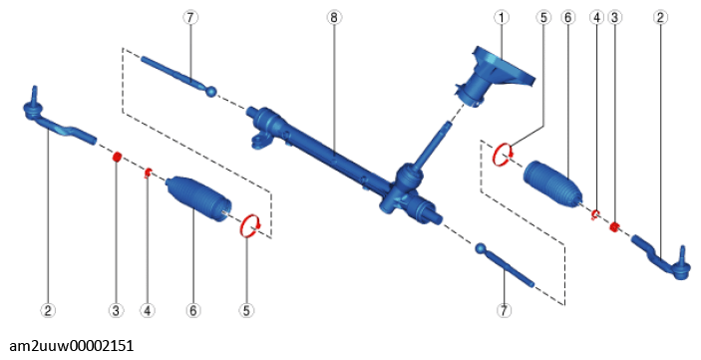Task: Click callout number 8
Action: pos(333,17)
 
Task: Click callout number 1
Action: pos(502,17)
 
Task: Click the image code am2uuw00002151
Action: pos(71,346)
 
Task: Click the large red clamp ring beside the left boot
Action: pos(250,225)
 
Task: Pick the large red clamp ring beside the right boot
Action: pos(502,155)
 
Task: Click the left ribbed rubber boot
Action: pos(198,198)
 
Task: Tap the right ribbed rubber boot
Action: pos(552,184)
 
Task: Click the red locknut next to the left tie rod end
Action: pos(117,157)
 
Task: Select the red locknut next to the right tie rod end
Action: pos(614,226)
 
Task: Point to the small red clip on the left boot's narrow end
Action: pos(148,173)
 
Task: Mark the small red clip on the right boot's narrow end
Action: pos(595,214)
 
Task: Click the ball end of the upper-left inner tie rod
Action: pos(211,91)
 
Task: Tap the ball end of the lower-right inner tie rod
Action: pos(481,248)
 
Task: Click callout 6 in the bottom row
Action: pos(192,310)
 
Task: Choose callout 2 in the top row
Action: pos(660,17)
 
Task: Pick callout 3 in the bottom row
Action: pos(116,310)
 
